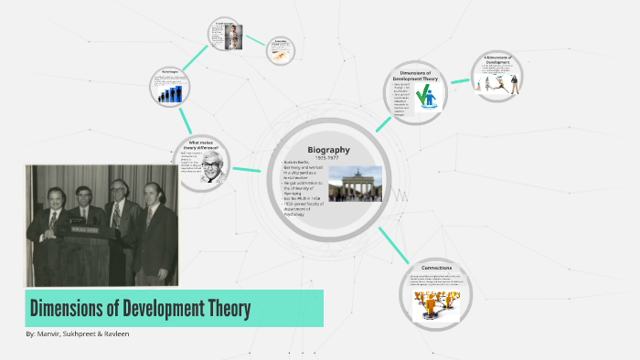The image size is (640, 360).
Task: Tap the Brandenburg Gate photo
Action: point(355,183)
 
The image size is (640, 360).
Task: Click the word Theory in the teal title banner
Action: point(221,308)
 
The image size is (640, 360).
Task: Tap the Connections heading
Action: point(436,268)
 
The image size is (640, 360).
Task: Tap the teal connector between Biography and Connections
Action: point(394,245)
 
